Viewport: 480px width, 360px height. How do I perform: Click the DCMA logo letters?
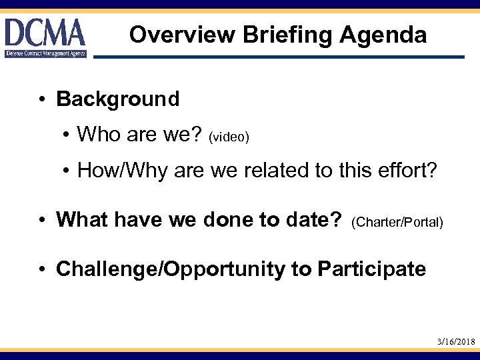pos(45,32)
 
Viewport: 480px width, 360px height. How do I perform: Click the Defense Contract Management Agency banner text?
pos(45,53)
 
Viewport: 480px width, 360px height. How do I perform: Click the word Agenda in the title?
pos(383,35)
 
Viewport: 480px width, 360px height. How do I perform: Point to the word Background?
pos(118,99)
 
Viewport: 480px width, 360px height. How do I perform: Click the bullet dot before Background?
pos(41,100)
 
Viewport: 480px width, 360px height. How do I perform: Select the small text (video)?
pos(229,137)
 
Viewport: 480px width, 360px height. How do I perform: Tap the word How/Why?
pos(123,171)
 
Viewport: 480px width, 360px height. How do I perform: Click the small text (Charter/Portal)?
pos(397,221)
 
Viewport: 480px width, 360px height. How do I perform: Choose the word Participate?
pos(371,269)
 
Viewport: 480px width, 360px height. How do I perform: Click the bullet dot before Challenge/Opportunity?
pos(41,269)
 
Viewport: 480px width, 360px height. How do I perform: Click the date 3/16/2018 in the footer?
pos(456,341)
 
